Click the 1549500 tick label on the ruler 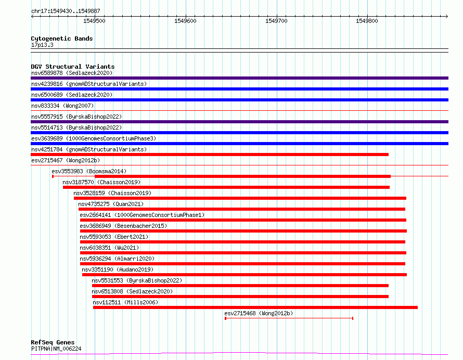pyautogui.click(x=94, y=21)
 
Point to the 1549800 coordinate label pyautogui.click(x=367, y=21)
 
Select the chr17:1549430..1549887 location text pyautogui.click(x=66, y=11)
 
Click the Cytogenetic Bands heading pyautogui.click(x=62, y=38)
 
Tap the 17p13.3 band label pyautogui.click(x=42, y=45)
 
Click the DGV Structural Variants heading pyautogui.click(x=73, y=67)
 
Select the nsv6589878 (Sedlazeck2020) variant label pyautogui.click(x=72, y=73)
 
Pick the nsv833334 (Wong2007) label pyautogui.click(x=62, y=106)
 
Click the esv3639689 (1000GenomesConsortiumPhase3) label pyautogui.click(x=94, y=138)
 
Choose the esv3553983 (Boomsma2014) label pyautogui.click(x=89, y=171)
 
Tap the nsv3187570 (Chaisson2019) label pyautogui.click(x=101, y=182)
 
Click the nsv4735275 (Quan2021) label pyautogui.click(x=111, y=204)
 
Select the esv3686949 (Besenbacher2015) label pyautogui.click(x=123, y=226)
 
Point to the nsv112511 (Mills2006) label pyautogui.click(x=125, y=302)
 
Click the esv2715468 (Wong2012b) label pyautogui.click(x=259, y=313)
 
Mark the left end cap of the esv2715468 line pyautogui.click(x=226, y=318)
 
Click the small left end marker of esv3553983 pyautogui.click(x=53, y=176)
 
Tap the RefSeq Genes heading pyautogui.click(x=53, y=342)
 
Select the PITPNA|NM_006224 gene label pyautogui.click(x=56, y=349)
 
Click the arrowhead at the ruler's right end pyautogui.click(x=447, y=17)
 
